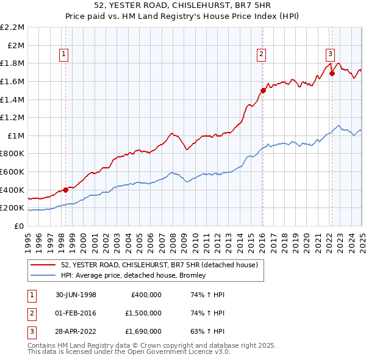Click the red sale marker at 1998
[x=65, y=190]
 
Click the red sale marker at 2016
[x=262, y=90]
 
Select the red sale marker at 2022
[x=332, y=73]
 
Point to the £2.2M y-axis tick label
[x=12, y=27]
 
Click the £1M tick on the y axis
[x=16, y=135]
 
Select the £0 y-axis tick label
[x=20, y=226]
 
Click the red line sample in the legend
[x=44, y=265]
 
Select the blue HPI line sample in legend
[x=44, y=275]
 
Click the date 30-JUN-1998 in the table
[x=76, y=295]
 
